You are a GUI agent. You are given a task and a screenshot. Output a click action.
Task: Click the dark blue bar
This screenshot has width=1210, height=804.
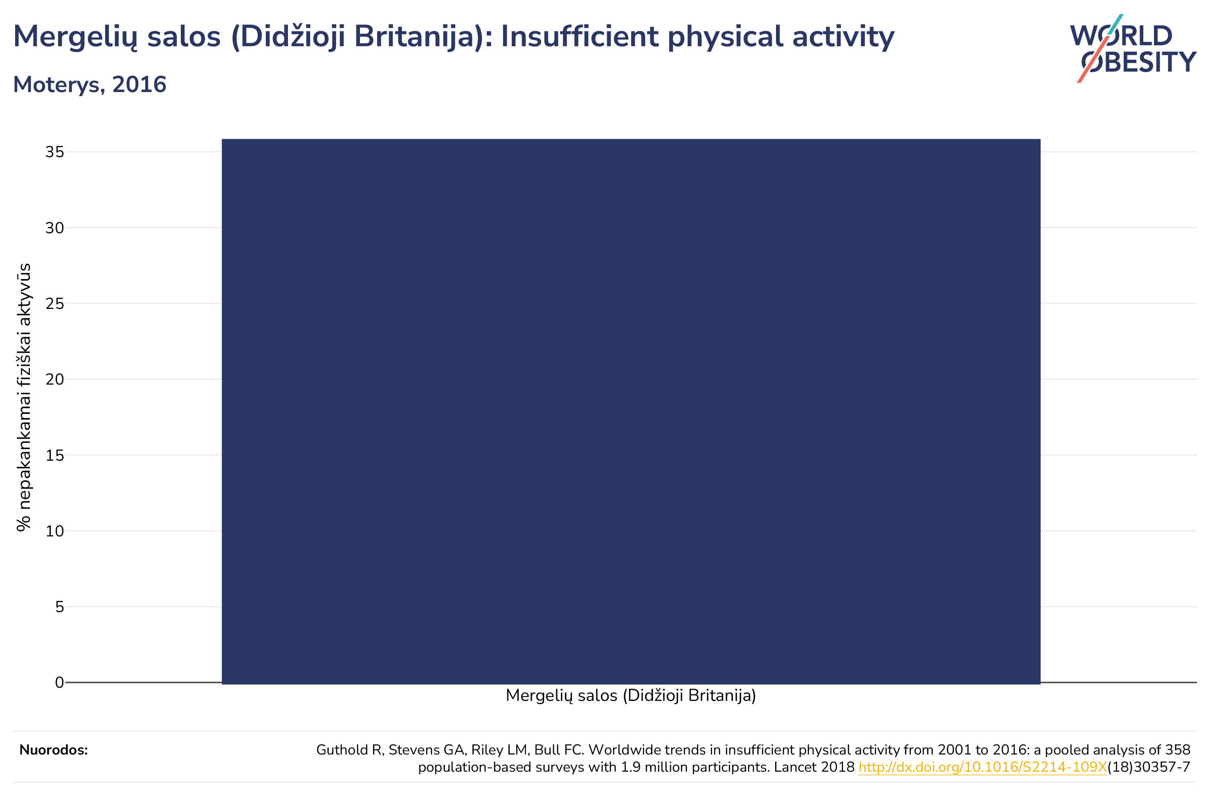pyautogui.click(x=631, y=411)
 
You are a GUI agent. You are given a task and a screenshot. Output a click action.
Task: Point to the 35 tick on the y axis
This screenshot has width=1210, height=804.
pyautogui.click(x=55, y=152)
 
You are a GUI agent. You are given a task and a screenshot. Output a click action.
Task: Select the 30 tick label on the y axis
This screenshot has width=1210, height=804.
pyautogui.click(x=55, y=227)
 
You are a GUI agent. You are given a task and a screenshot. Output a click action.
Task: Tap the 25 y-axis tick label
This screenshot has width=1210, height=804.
pyautogui.click(x=55, y=304)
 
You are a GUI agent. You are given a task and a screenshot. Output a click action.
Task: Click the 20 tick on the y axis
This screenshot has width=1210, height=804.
pyautogui.click(x=55, y=379)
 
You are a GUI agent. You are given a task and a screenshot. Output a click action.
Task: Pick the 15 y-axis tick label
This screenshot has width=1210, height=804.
pyautogui.click(x=55, y=455)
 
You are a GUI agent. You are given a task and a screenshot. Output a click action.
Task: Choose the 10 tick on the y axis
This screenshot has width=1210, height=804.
pyautogui.click(x=55, y=531)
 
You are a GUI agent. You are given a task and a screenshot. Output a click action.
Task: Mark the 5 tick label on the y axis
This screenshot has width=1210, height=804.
pyautogui.click(x=59, y=607)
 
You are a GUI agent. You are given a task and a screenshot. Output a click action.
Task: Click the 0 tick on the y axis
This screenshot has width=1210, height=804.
pyautogui.click(x=59, y=682)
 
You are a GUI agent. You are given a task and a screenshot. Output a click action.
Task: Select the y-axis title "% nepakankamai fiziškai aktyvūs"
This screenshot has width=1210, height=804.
pyautogui.click(x=24, y=397)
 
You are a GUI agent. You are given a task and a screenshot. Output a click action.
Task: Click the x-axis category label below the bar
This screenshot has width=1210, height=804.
pyautogui.click(x=631, y=696)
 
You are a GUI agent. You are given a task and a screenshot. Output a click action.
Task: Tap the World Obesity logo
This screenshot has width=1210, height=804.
pyautogui.click(x=1133, y=48)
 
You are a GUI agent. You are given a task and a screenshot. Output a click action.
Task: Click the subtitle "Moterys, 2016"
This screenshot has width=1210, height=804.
pyautogui.click(x=90, y=85)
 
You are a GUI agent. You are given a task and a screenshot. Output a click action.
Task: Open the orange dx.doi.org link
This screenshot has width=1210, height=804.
pyautogui.click(x=983, y=767)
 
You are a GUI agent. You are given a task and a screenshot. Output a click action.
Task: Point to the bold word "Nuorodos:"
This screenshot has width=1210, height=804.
pyautogui.click(x=54, y=750)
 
